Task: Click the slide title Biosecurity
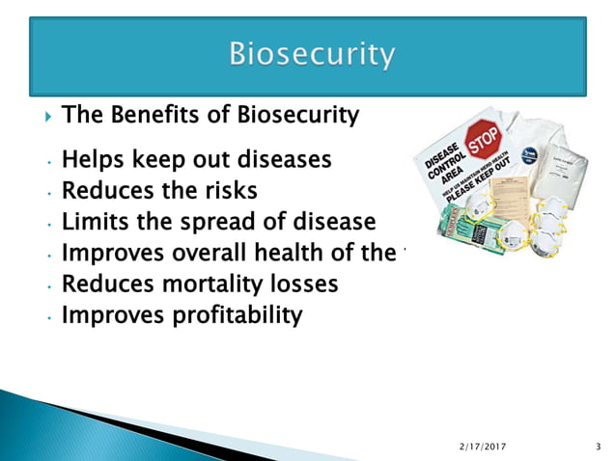coord(311,55)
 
